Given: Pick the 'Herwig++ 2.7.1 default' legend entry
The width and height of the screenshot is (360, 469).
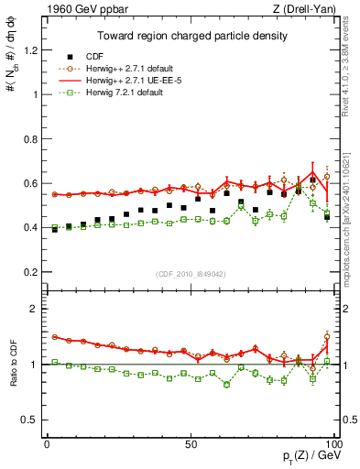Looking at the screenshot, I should (125, 68).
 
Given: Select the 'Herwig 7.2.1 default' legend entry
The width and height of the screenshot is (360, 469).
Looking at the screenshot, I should (120, 92).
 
